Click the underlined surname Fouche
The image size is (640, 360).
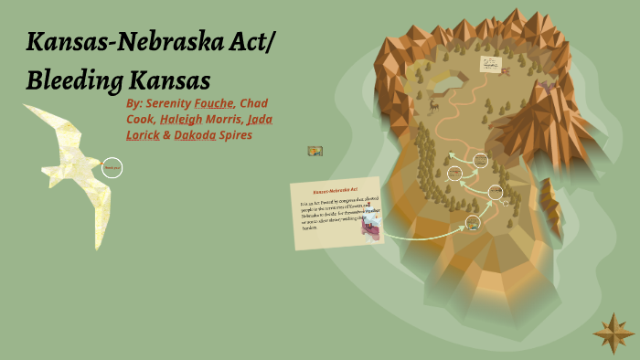pos(214,103)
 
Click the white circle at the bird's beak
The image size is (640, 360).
pos(112,167)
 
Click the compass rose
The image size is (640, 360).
pos(613,334)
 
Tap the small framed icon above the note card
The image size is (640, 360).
pos(315,151)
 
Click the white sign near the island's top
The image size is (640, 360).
pos(491,64)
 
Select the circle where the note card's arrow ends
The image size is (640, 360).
pos(472,223)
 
